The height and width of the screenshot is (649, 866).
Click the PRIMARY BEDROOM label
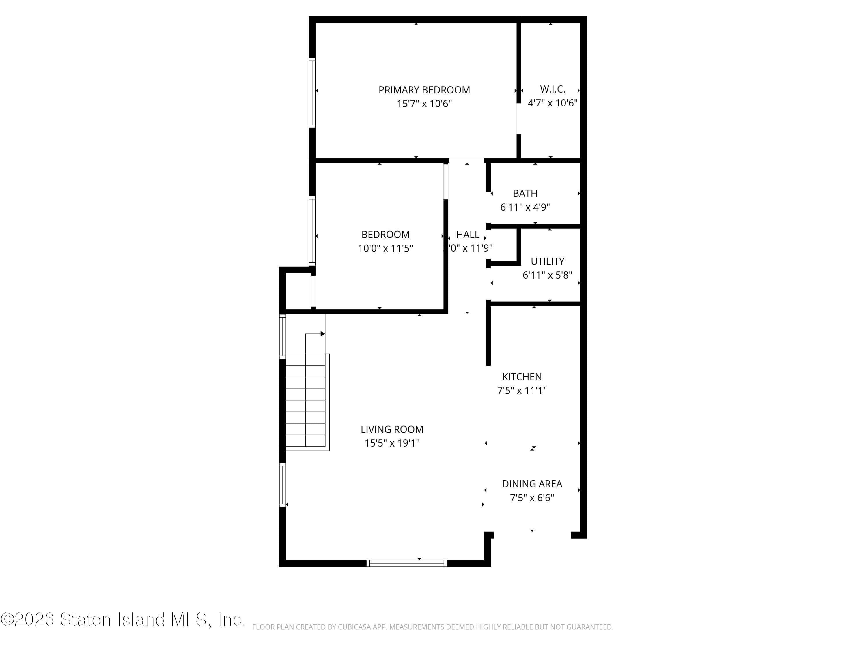click(424, 90)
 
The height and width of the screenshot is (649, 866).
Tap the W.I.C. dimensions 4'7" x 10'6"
click(553, 103)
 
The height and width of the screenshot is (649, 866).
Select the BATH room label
click(525, 193)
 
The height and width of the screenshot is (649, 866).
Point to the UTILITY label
click(547, 261)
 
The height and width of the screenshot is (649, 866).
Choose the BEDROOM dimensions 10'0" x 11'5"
click(385, 248)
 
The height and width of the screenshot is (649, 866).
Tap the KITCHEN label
click(522, 377)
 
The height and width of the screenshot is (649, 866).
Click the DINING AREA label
click(532, 484)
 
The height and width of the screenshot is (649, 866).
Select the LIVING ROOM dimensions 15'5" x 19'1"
click(392, 443)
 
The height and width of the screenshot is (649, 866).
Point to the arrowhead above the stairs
click(323, 334)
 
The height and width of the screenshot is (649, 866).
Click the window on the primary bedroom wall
click(312, 93)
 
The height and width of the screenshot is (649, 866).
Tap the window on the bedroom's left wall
click(312, 231)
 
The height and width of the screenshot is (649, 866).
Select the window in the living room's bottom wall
click(407, 563)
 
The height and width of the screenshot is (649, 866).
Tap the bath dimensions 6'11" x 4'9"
click(525, 207)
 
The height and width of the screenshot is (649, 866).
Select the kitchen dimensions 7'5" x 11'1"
click(522, 391)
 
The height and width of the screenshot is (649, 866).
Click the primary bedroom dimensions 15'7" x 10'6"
click(424, 104)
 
